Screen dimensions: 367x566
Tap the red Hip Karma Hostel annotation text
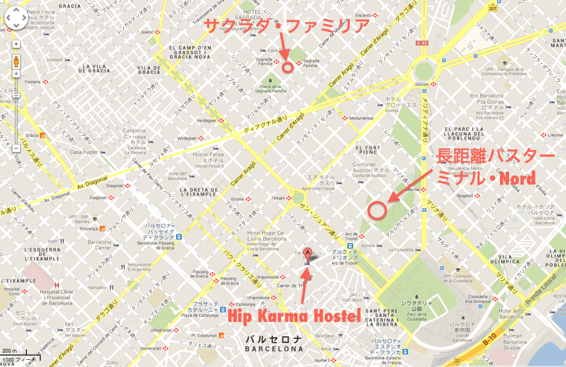(294, 317)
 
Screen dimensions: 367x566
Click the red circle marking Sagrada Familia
(287, 67)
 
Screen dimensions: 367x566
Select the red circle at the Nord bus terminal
(377, 210)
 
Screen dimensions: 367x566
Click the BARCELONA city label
(275, 349)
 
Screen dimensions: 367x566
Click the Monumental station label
(361, 118)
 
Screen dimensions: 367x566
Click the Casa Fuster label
(83, 152)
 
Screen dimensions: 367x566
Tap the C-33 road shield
(423, 43)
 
